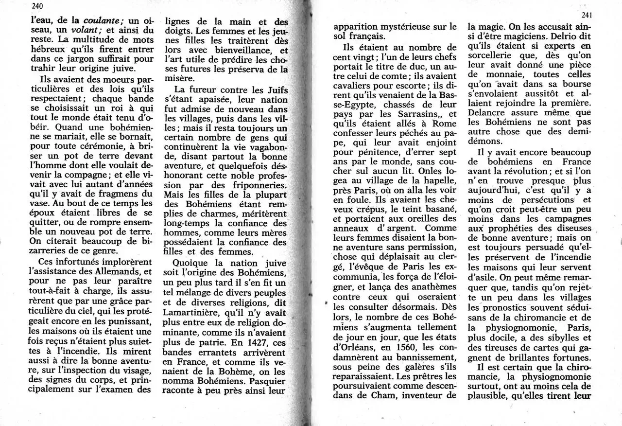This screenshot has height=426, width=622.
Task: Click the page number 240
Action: [x=36, y=6]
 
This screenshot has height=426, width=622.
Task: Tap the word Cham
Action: [x=383, y=396]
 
